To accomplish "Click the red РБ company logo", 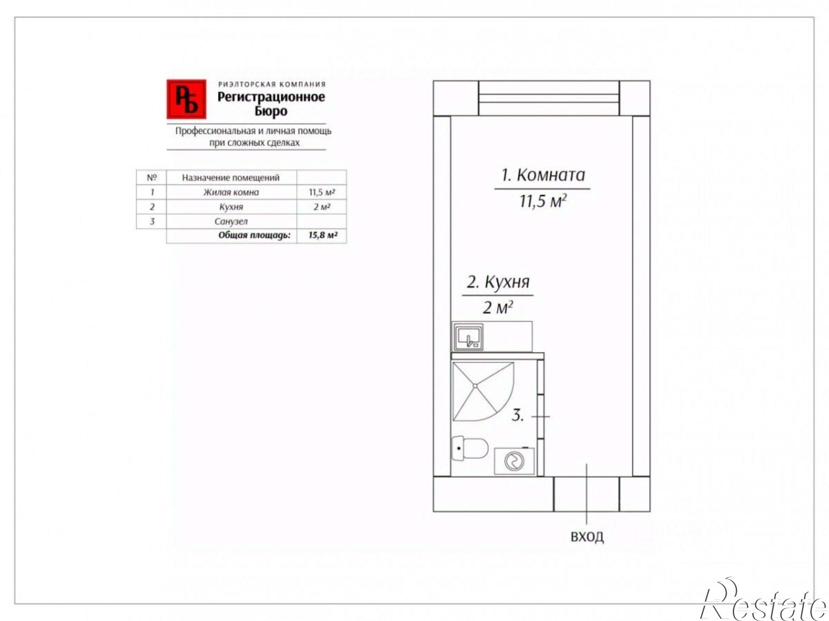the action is click(x=186, y=99).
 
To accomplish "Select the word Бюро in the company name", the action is click(x=271, y=111).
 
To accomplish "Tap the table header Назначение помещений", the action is click(x=231, y=177).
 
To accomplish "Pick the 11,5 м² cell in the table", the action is click(x=322, y=192).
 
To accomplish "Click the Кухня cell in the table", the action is click(x=231, y=207).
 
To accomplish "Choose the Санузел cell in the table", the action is click(x=231, y=221).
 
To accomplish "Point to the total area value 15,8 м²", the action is click(x=322, y=235).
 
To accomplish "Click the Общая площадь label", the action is click(x=255, y=235).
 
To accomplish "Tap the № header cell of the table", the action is click(x=152, y=177).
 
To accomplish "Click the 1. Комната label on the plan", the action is click(x=543, y=175).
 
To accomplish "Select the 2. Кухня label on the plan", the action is click(x=498, y=282).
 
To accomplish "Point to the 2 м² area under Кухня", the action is click(x=498, y=307).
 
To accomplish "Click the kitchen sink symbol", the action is click(x=468, y=337).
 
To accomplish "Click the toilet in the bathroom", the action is click(x=470, y=448).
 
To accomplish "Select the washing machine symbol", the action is click(x=514, y=461).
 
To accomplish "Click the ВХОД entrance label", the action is click(x=587, y=537).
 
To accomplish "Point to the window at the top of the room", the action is click(x=549, y=98).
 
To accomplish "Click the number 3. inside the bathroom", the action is click(x=518, y=415).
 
